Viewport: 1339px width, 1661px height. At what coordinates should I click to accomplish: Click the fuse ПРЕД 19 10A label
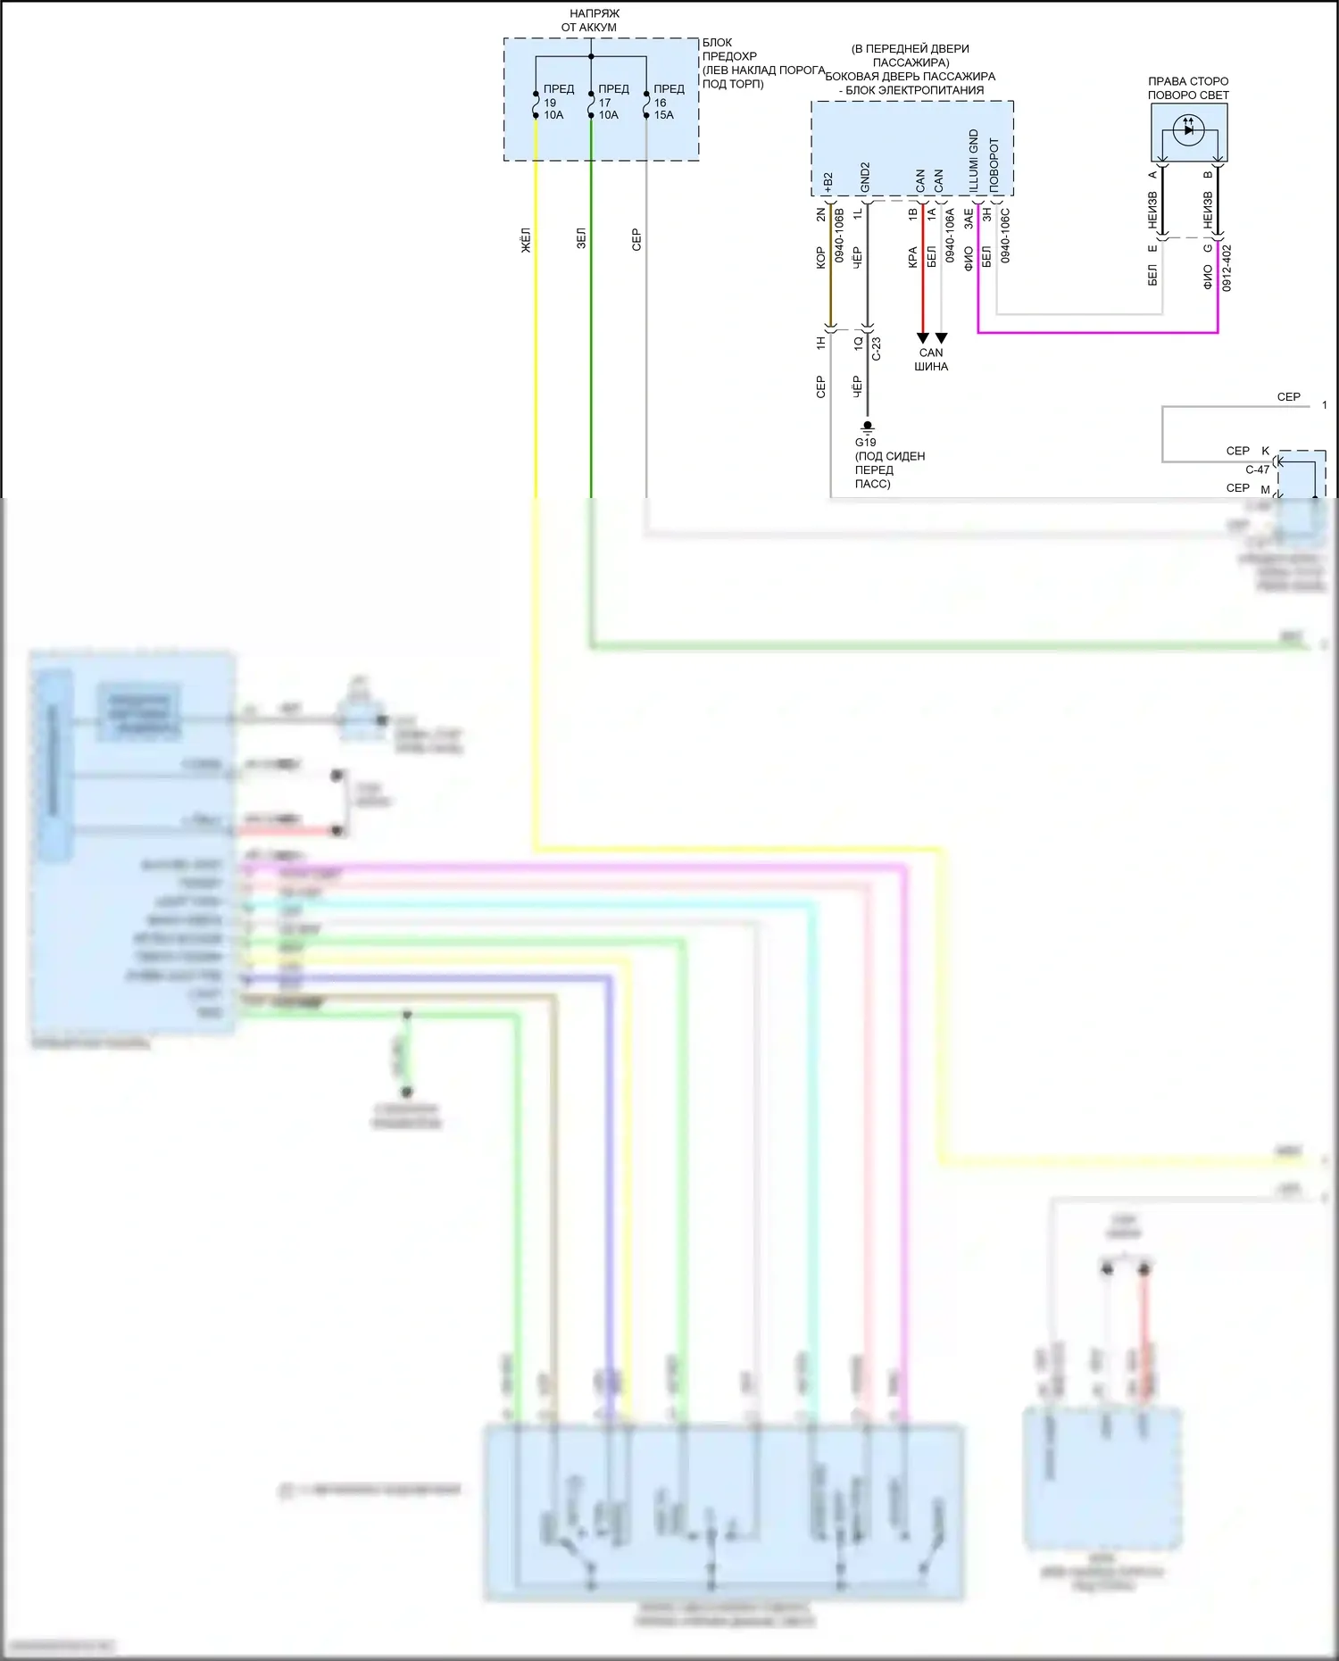coord(557,102)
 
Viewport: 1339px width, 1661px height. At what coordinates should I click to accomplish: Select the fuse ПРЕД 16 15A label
coord(668,102)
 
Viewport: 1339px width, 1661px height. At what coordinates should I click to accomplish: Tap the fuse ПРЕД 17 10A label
coord(612,102)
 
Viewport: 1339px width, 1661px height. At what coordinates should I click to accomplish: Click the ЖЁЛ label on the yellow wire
coord(526,239)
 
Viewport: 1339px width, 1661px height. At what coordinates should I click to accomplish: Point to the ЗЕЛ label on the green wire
coord(581,239)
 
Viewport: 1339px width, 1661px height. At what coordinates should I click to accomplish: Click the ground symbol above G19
coord(867,428)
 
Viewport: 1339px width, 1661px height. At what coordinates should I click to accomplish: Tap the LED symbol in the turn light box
coord(1188,129)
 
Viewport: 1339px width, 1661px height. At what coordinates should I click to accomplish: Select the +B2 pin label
coord(828,183)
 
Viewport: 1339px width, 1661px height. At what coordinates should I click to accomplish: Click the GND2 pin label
coord(865,178)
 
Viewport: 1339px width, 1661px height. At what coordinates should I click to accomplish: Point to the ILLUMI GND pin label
coord(974,161)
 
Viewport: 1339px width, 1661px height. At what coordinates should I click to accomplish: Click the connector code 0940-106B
coord(839,235)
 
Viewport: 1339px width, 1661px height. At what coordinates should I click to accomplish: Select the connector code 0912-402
coord(1227,268)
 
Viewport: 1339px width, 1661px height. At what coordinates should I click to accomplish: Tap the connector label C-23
coord(877,348)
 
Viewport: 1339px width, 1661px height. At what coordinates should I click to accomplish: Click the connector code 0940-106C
coord(1005,236)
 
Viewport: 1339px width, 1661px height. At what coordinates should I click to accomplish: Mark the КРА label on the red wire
coord(912,257)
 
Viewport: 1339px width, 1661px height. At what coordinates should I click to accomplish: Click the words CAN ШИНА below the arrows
coord(931,360)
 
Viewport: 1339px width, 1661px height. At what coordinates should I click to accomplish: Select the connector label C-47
coord(1257,469)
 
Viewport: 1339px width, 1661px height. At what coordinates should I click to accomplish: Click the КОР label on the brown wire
coord(820,258)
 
